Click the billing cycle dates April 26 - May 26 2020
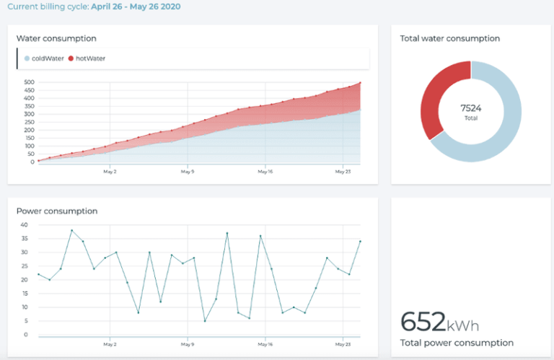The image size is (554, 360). [x=136, y=6]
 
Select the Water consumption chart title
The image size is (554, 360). [x=56, y=38]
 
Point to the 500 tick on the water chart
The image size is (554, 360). [x=29, y=82]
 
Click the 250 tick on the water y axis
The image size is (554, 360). [x=29, y=122]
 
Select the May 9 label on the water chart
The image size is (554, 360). [x=188, y=172]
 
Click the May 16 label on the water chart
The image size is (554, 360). [x=265, y=172]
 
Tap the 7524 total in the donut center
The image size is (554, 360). [x=470, y=108]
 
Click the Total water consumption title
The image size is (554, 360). [x=449, y=38]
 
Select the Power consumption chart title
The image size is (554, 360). [x=57, y=211]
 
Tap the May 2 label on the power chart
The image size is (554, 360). [x=110, y=345]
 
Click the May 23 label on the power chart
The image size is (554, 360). [x=343, y=345]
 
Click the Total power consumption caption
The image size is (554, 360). [x=457, y=343]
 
